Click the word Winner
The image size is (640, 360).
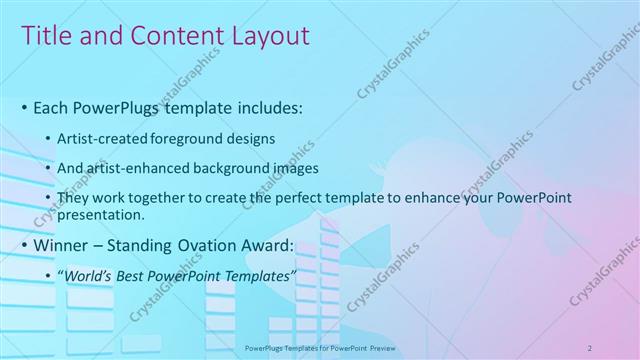coord(63,245)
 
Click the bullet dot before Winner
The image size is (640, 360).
coord(24,246)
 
